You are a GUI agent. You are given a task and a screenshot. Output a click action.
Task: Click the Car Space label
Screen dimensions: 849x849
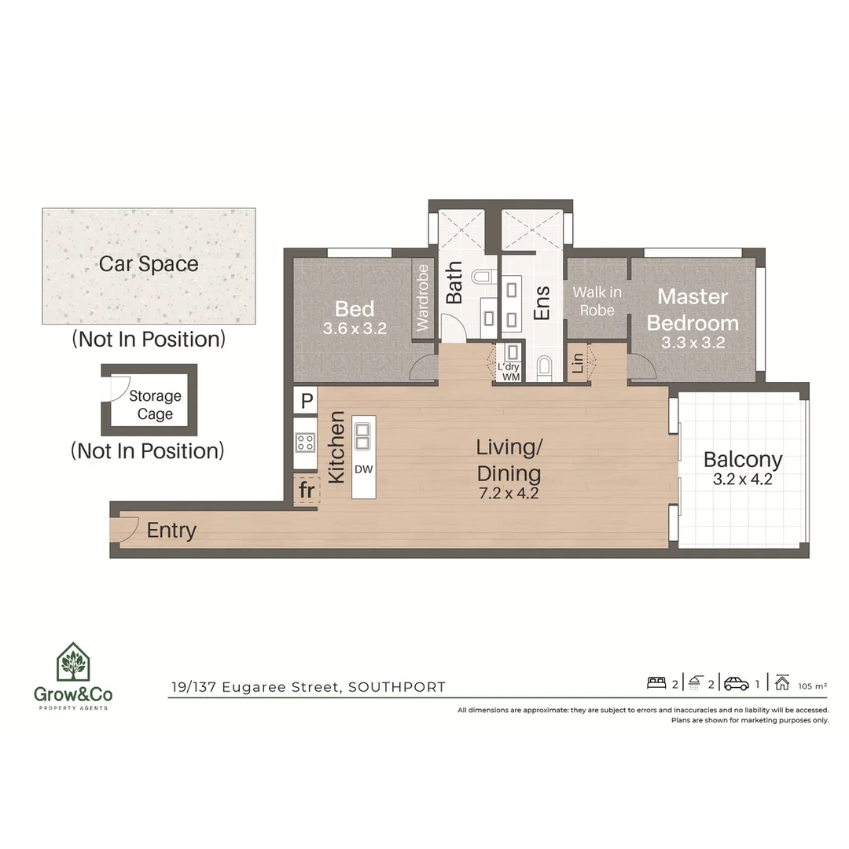(x=149, y=264)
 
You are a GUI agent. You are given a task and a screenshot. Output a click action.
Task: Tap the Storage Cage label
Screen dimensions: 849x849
(x=155, y=406)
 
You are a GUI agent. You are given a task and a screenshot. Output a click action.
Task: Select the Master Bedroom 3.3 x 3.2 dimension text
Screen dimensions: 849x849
(x=693, y=344)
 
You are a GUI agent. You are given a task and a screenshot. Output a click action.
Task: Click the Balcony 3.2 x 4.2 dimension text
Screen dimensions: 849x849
(x=743, y=479)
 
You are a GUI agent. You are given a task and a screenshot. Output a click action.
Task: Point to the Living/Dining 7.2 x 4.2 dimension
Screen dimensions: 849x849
(x=509, y=494)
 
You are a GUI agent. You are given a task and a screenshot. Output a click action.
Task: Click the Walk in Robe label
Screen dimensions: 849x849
(x=597, y=301)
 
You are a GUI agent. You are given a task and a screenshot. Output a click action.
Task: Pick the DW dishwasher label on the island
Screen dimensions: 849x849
(x=363, y=469)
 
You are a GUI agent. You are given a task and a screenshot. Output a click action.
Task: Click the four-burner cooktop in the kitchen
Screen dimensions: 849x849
(x=305, y=442)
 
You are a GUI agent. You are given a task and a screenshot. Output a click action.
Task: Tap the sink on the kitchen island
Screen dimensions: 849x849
(x=363, y=434)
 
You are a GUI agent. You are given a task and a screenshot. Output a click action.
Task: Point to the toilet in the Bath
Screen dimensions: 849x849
(x=483, y=277)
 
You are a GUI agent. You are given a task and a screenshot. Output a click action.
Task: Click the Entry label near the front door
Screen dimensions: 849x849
(x=171, y=531)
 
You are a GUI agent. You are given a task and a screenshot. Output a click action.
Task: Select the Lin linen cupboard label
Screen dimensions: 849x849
(x=579, y=364)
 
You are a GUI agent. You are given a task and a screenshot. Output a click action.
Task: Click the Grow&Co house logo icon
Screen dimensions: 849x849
(x=72, y=663)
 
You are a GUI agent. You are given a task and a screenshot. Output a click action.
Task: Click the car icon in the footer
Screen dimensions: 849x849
(x=737, y=683)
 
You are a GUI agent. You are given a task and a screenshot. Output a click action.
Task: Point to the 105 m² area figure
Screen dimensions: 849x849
(x=812, y=685)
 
